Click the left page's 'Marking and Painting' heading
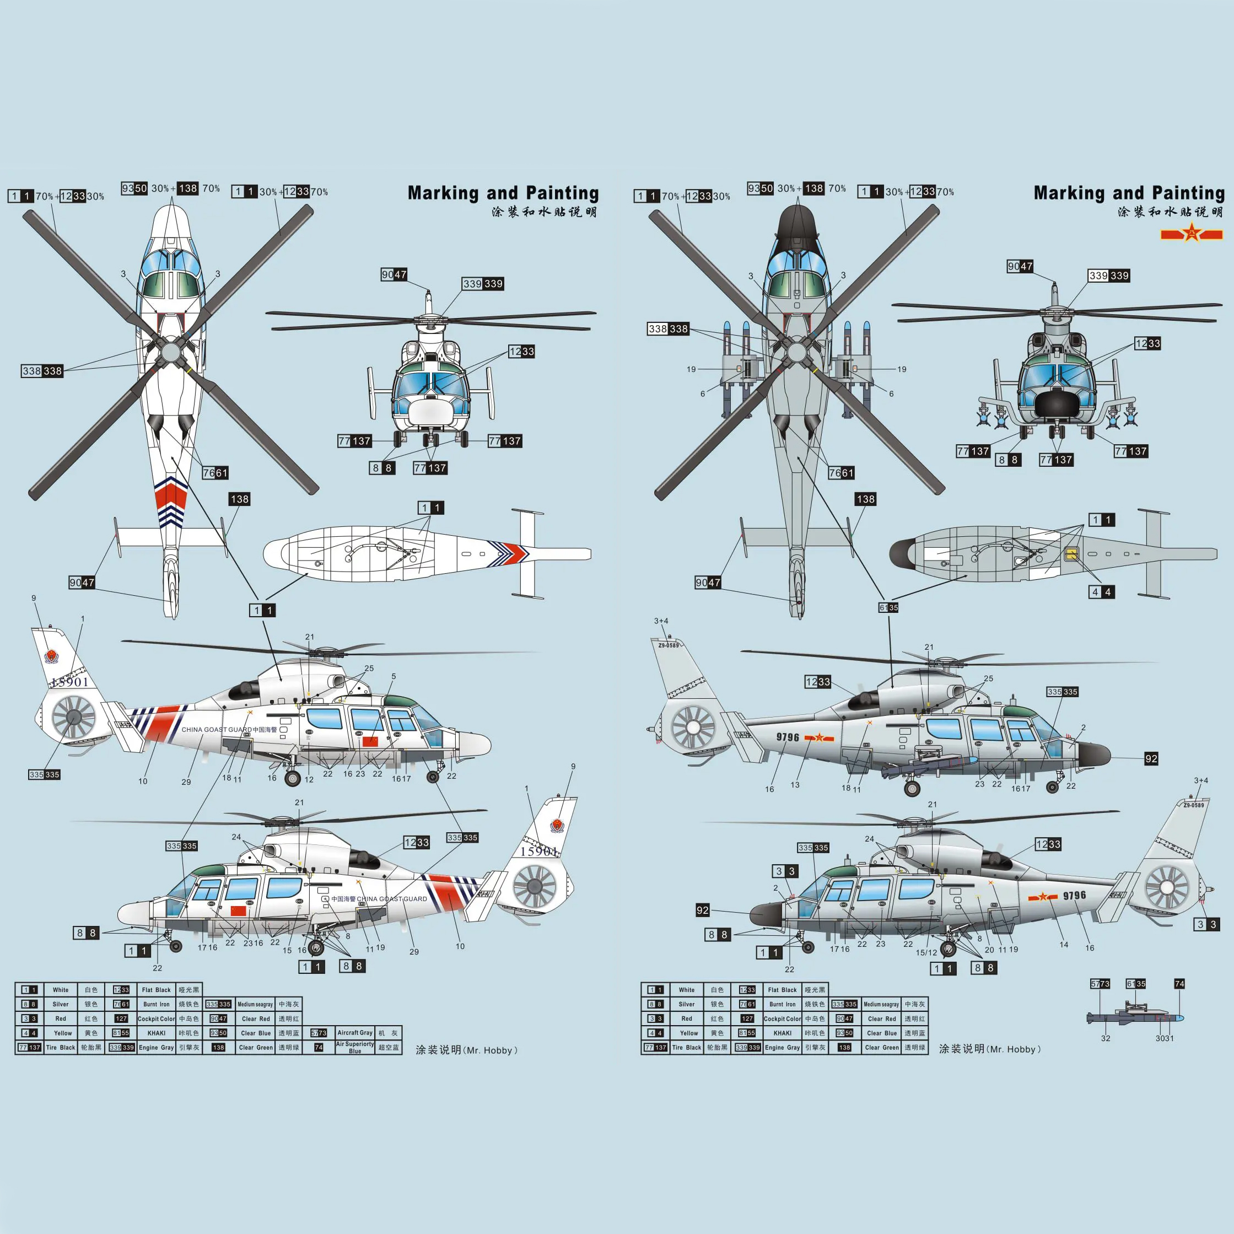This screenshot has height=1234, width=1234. [x=503, y=193]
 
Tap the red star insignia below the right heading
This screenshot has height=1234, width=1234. [x=1191, y=234]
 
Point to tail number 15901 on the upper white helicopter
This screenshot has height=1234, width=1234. [x=69, y=682]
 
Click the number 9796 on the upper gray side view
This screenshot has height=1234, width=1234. [x=788, y=737]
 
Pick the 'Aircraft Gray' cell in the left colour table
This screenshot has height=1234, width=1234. [x=355, y=1033]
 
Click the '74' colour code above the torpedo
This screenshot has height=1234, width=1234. [x=1179, y=984]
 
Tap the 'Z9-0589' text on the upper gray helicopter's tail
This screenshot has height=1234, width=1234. [x=669, y=645]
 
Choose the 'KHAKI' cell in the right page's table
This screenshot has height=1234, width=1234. [x=783, y=1033]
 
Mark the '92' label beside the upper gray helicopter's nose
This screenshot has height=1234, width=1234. [x=1151, y=759]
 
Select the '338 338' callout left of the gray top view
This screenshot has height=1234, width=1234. [x=668, y=329]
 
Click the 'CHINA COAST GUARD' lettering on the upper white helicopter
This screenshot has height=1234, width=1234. [x=217, y=729]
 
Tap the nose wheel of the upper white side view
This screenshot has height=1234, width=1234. [x=433, y=777]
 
